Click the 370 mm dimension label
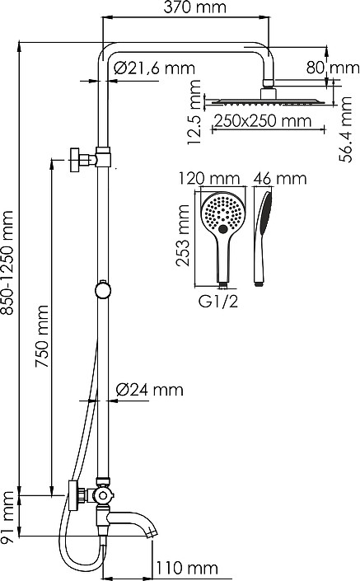point(194,7)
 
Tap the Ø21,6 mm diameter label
point(154,68)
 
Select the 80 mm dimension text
point(333,68)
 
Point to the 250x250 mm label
point(263,121)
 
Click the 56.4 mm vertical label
point(345,129)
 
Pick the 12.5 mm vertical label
point(194,112)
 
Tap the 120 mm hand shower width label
point(209,179)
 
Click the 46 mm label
point(280,179)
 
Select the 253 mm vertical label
point(182,236)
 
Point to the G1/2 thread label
point(217,302)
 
